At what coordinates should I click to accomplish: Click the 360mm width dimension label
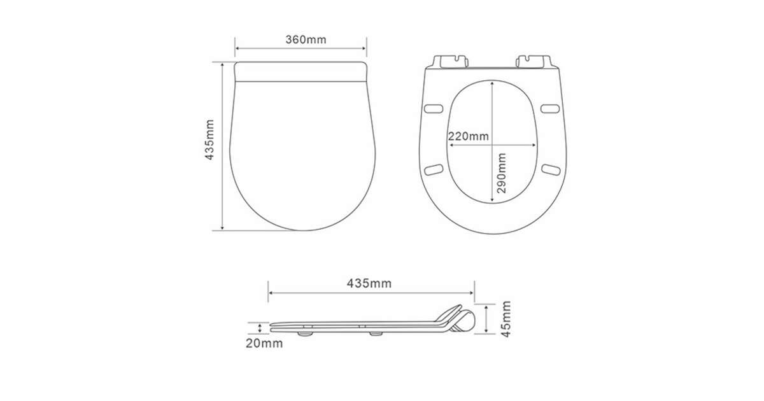pyautogui.click(x=306, y=39)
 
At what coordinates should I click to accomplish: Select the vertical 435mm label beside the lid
pyautogui.click(x=209, y=139)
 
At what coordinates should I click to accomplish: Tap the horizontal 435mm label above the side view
pyautogui.click(x=369, y=283)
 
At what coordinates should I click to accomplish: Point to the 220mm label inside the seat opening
pyautogui.click(x=469, y=136)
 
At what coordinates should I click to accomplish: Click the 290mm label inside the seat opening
pyautogui.click(x=502, y=173)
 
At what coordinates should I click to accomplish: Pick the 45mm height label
pyautogui.click(x=506, y=319)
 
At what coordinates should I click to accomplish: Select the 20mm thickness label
pyautogui.click(x=264, y=343)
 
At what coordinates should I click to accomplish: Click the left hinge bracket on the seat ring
pyautogui.click(x=450, y=61)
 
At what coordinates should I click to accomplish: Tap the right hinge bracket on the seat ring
pyautogui.click(x=534, y=61)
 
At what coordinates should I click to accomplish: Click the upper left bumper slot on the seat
pyautogui.click(x=434, y=109)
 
